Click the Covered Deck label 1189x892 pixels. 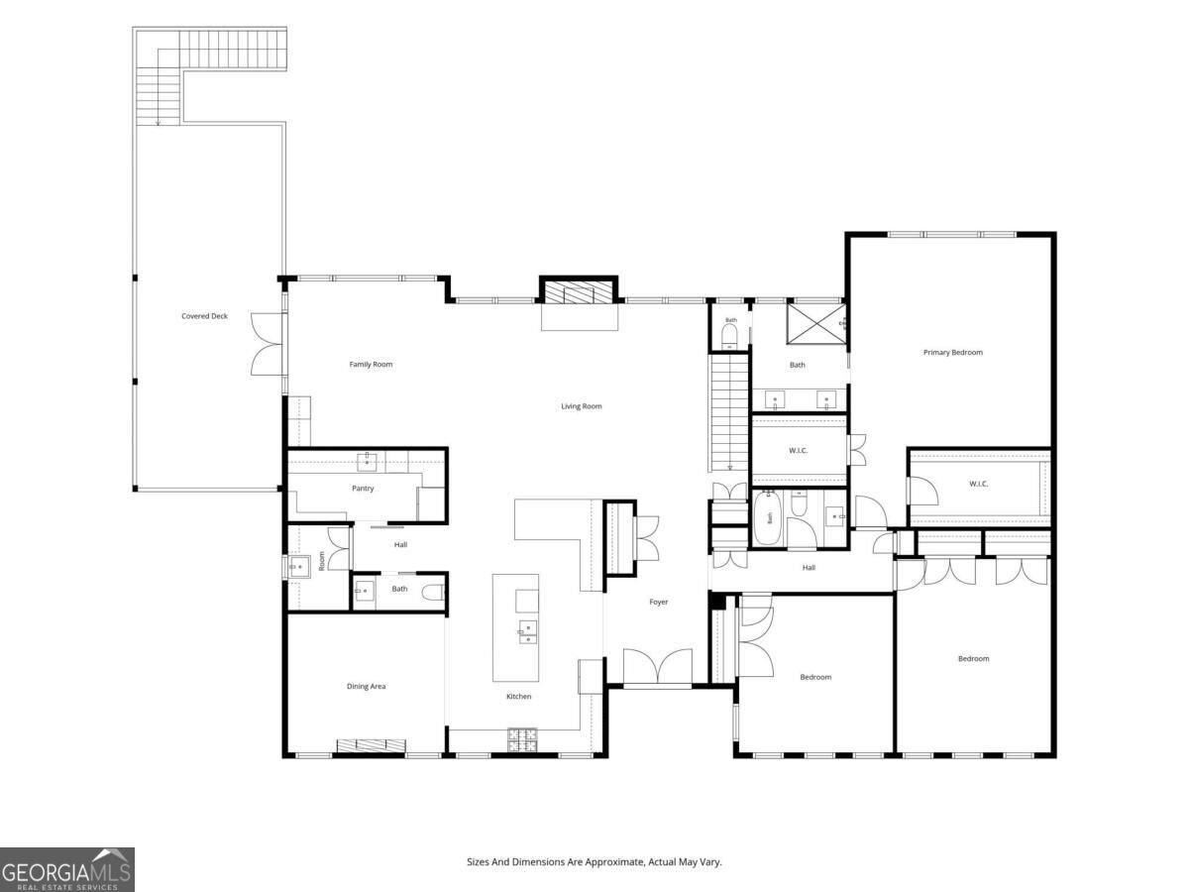click(204, 316)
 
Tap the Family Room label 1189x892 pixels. click(371, 364)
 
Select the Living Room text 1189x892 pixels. click(582, 406)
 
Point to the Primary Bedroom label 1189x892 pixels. click(953, 353)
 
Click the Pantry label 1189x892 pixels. click(363, 489)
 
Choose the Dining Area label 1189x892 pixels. click(367, 686)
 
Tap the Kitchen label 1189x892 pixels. click(518, 697)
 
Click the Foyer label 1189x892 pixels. click(659, 602)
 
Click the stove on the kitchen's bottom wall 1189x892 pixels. click(522, 740)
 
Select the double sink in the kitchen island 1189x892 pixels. click(528, 632)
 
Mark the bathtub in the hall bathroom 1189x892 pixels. click(768, 517)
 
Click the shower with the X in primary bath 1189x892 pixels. click(815, 324)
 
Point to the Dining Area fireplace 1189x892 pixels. click(371, 745)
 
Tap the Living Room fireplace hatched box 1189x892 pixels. click(578, 293)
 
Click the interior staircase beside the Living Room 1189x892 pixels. click(728, 412)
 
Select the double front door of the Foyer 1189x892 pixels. click(658, 667)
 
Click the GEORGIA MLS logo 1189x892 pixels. click(67, 869)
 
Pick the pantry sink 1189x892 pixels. click(368, 462)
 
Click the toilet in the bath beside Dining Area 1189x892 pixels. click(432, 593)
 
